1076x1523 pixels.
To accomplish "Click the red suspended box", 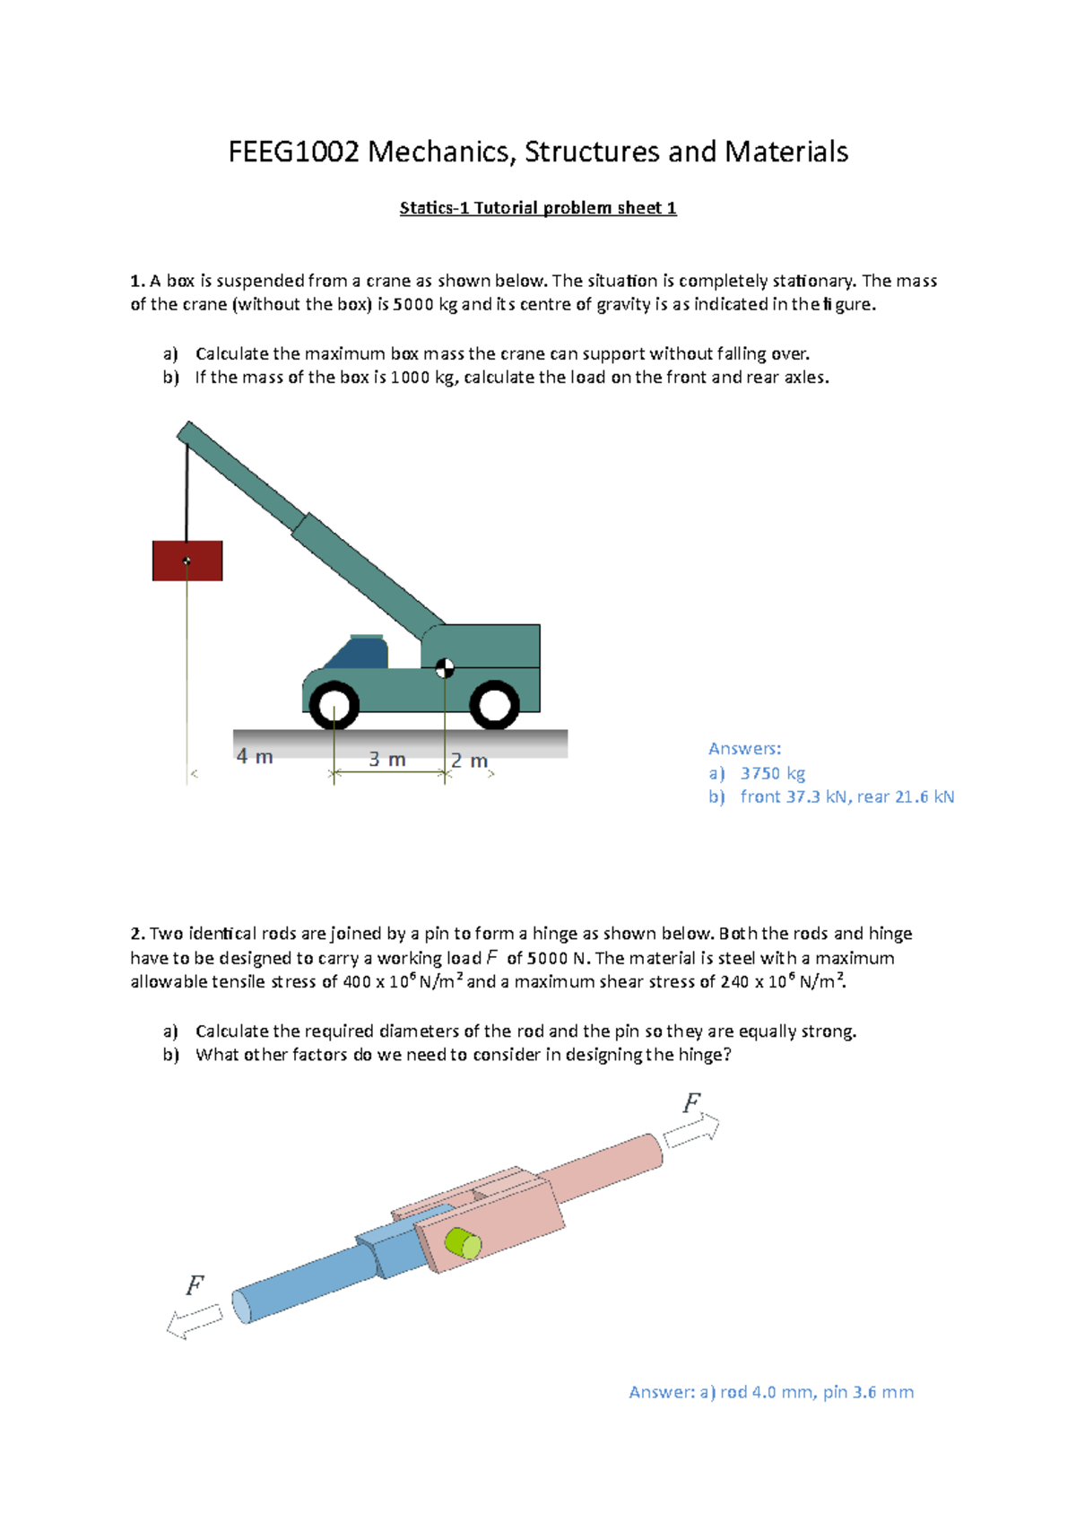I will [x=187, y=561].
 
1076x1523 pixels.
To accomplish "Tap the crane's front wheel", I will [x=334, y=705].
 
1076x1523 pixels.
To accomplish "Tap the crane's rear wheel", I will [x=494, y=705].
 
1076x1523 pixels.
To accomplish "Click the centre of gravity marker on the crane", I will [x=445, y=667].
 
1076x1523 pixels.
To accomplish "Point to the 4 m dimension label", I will [x=255, y=757].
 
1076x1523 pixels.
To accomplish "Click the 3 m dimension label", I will [x=387, y=760].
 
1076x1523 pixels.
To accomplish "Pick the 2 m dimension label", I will [x=469, y=761].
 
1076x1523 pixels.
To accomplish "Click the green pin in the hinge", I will [x=464, y=1243].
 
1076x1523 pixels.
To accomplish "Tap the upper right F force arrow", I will [x=691, y=1131].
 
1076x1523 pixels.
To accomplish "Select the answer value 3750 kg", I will [x=773, y=773].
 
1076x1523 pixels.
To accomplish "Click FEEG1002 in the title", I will [x=293, y=152].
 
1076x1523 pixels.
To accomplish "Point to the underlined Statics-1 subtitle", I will [x=538, y=208].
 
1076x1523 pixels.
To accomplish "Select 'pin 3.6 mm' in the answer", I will [x=868, y=1392].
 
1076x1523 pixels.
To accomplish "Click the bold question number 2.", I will [x=137, y=934].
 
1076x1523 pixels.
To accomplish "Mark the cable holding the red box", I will [x=187, y=489].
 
